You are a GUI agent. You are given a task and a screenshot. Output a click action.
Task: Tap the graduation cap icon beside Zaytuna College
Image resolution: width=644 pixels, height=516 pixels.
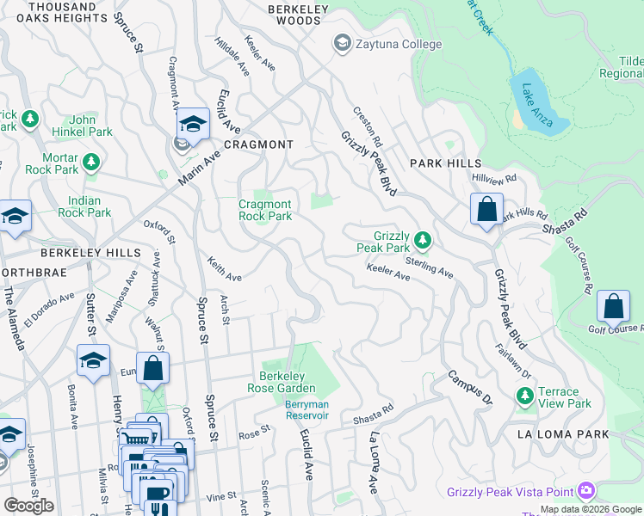pyautogui.click(x=342, y=43)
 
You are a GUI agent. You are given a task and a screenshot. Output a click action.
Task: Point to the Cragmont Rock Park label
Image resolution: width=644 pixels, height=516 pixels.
pyautogui.click(x=265, y=210)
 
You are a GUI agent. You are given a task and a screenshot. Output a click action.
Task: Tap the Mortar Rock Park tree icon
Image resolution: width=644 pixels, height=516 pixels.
pyautogui.click(x=90, y=161)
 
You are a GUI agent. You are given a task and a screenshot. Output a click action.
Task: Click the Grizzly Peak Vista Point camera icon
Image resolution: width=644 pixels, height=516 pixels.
pyautogui.click(x=587, y=491)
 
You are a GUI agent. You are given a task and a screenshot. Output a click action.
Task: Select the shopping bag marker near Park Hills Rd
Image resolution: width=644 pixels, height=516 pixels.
pyautogui.click(x=486, y=209)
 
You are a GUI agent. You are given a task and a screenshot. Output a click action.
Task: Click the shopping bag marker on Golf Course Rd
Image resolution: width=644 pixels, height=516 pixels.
pyautogui.click(x=613, y=307)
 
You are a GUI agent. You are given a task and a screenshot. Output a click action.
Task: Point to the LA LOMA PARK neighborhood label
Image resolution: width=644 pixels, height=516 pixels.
pyautogui.click(x=563, y=434)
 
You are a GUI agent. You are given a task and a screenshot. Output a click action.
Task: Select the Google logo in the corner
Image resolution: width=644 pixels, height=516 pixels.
pyautogui.click(x=28, y=506)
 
